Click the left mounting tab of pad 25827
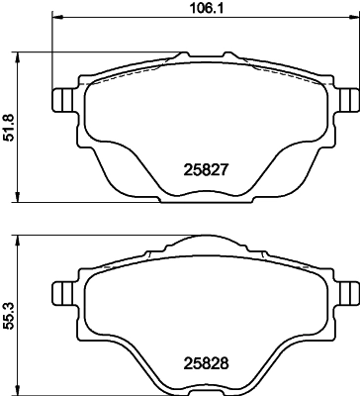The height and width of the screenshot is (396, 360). pyautogui.click(x=60, y=100)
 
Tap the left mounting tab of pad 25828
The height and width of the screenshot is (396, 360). pyautogui.click(x=60, y=293)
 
